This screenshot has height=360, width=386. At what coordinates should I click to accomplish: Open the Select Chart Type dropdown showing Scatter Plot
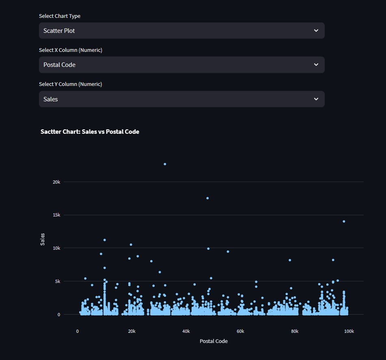coord(181,31)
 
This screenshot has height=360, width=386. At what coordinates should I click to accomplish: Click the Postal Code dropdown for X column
coord(181,65)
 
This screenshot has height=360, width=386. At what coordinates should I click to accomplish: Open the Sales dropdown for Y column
coord(181,99)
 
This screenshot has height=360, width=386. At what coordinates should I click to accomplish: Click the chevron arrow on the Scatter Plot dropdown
coord(316,31)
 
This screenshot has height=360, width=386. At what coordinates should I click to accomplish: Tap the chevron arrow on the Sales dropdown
coord(316,99)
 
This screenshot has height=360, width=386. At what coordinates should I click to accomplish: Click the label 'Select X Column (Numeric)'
coord(71,50)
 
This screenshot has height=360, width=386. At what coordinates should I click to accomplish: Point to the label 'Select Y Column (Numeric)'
coord(71,84)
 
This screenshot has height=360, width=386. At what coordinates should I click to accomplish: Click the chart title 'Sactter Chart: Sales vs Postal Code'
coord(90,132)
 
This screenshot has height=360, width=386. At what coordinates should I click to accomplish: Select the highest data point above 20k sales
coord(165,164)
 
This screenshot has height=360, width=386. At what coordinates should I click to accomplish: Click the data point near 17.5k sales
coord(207,198)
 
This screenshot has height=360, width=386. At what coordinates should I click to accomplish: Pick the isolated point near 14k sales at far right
coord(344,221)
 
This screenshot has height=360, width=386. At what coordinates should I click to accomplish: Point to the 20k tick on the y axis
coord(56,182)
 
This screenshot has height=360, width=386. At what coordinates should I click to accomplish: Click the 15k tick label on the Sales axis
coord(56,215)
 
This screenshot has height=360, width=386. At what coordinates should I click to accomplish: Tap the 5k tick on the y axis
coord(58,281)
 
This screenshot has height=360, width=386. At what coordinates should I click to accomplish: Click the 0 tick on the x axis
coord(78,331)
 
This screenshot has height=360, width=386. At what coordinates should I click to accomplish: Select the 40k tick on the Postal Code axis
coord(186,331)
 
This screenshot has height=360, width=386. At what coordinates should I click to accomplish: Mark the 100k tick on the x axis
coord(349,331)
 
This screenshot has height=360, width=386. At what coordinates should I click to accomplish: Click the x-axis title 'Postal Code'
coord(213,341)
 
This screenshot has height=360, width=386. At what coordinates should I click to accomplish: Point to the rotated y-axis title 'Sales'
coord(43,239)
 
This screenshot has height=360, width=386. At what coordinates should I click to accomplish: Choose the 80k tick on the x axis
coord(295,331)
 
